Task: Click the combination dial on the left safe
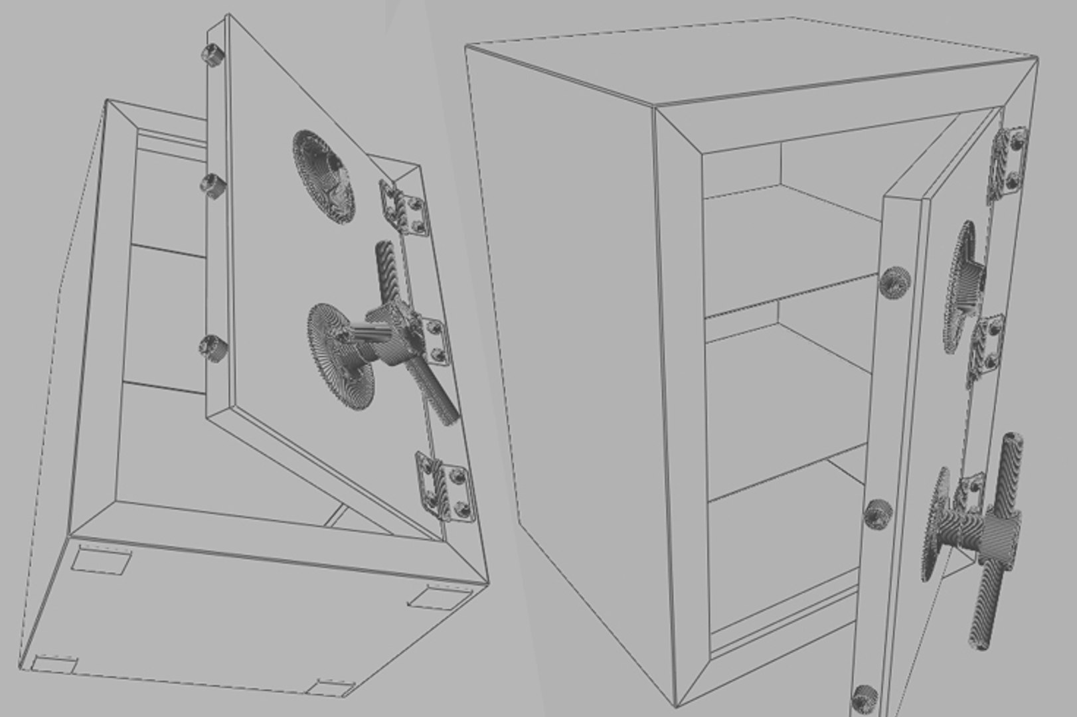pos(323,176)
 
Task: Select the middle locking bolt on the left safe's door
pos(212,184)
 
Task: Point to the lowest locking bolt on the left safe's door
pos(213,347)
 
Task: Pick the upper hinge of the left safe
pos(402,206)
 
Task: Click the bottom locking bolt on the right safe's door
pos(864,697)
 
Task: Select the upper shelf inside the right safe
pos(790,292)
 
